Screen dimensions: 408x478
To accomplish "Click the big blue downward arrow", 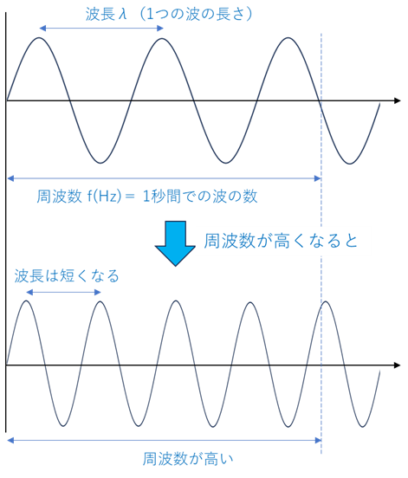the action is (x=175, y=243).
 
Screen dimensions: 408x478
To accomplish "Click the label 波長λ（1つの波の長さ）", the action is (x=169, y=15).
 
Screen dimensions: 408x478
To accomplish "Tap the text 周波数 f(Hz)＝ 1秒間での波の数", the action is (x=147, y=196).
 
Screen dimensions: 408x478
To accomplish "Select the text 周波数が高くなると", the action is (x=281, y=241).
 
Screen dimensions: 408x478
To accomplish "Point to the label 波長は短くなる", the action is (x=67, y=276).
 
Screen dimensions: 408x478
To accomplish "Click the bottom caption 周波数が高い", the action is (x=188, y=458).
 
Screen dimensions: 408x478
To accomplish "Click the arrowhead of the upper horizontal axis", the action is (x=397, y=100).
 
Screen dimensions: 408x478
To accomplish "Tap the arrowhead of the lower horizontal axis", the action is (x=397, y=365).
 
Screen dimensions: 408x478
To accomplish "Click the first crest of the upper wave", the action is (x=39, y=38).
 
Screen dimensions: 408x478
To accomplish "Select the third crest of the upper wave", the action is (x=288, y=38).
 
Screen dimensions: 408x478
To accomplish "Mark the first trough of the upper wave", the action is (x=100, y=163).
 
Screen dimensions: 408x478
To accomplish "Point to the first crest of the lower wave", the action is (x=27, y=300).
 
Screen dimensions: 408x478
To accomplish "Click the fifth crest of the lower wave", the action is (x=326, y=301).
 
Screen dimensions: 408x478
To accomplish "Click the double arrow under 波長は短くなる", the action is (x=63, y=293).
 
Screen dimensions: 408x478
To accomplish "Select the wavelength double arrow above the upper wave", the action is (x=101, y=29).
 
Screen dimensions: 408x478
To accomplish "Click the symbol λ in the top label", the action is (x=123, y=15).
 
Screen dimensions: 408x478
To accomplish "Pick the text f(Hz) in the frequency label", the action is (x=104, y=196).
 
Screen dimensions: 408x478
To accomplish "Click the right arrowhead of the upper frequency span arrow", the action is (x=318, y=178).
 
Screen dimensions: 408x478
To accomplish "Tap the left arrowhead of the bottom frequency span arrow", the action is (x=10, y=440).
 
